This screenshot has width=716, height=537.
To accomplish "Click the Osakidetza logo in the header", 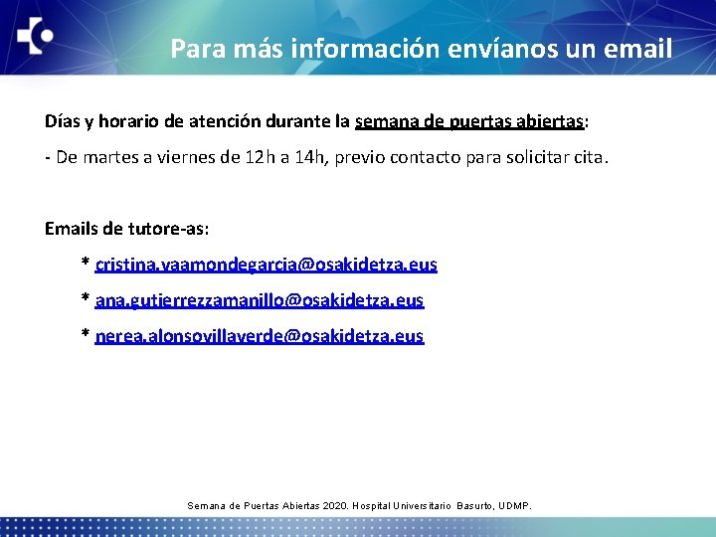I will point(35,37).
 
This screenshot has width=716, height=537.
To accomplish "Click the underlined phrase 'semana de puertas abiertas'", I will point(468,121).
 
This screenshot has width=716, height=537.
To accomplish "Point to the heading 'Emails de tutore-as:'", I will point(126,229).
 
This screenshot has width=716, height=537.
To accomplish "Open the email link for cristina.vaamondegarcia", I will point(266,265).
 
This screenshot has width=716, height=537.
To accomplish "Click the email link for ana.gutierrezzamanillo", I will point(259,300).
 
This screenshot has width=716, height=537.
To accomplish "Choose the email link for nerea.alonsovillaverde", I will point(259,336).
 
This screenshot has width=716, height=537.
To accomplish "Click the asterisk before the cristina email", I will point(86,264).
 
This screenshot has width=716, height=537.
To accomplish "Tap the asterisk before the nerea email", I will point(86,335).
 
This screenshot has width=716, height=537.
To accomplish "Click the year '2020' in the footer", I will point(335,506).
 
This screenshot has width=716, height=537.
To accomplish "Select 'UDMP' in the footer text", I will point(514,506).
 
